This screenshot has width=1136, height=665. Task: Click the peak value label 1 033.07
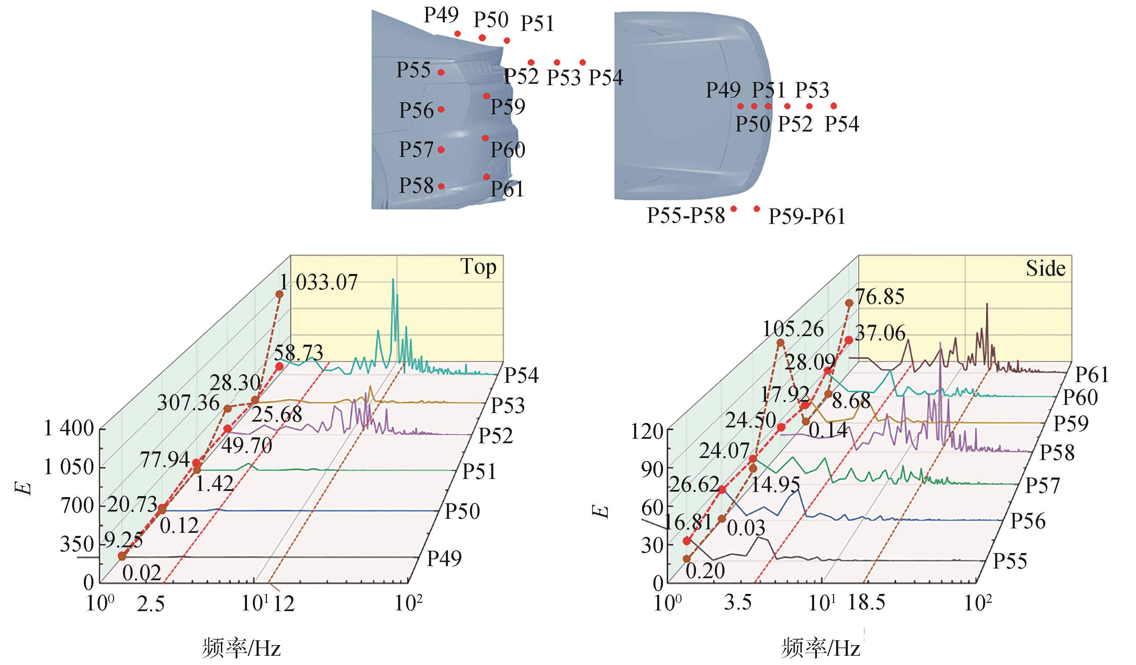[319, 283]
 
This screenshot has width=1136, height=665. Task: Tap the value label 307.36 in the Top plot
[189, 402]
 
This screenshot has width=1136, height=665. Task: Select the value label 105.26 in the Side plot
[793, 329]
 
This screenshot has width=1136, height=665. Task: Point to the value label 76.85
[880, 297]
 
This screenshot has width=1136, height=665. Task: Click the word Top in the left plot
[478, 267]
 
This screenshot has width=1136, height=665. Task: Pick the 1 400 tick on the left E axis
[68, 428]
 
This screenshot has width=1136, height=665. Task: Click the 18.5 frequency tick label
[866, 603]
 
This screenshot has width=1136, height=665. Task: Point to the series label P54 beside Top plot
[521, 375]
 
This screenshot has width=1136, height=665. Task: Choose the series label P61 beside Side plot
[1092, 375]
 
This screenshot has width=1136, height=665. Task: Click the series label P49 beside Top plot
[445, 559]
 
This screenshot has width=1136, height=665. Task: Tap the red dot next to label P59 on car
[486, 96]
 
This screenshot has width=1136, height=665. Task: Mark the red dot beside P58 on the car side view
[441, 186]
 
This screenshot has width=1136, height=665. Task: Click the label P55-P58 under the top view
[686, 216]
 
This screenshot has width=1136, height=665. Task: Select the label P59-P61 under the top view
[807, 217]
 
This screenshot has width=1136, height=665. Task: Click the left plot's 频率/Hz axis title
[241, 648]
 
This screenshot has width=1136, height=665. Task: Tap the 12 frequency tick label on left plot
[284, 604]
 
